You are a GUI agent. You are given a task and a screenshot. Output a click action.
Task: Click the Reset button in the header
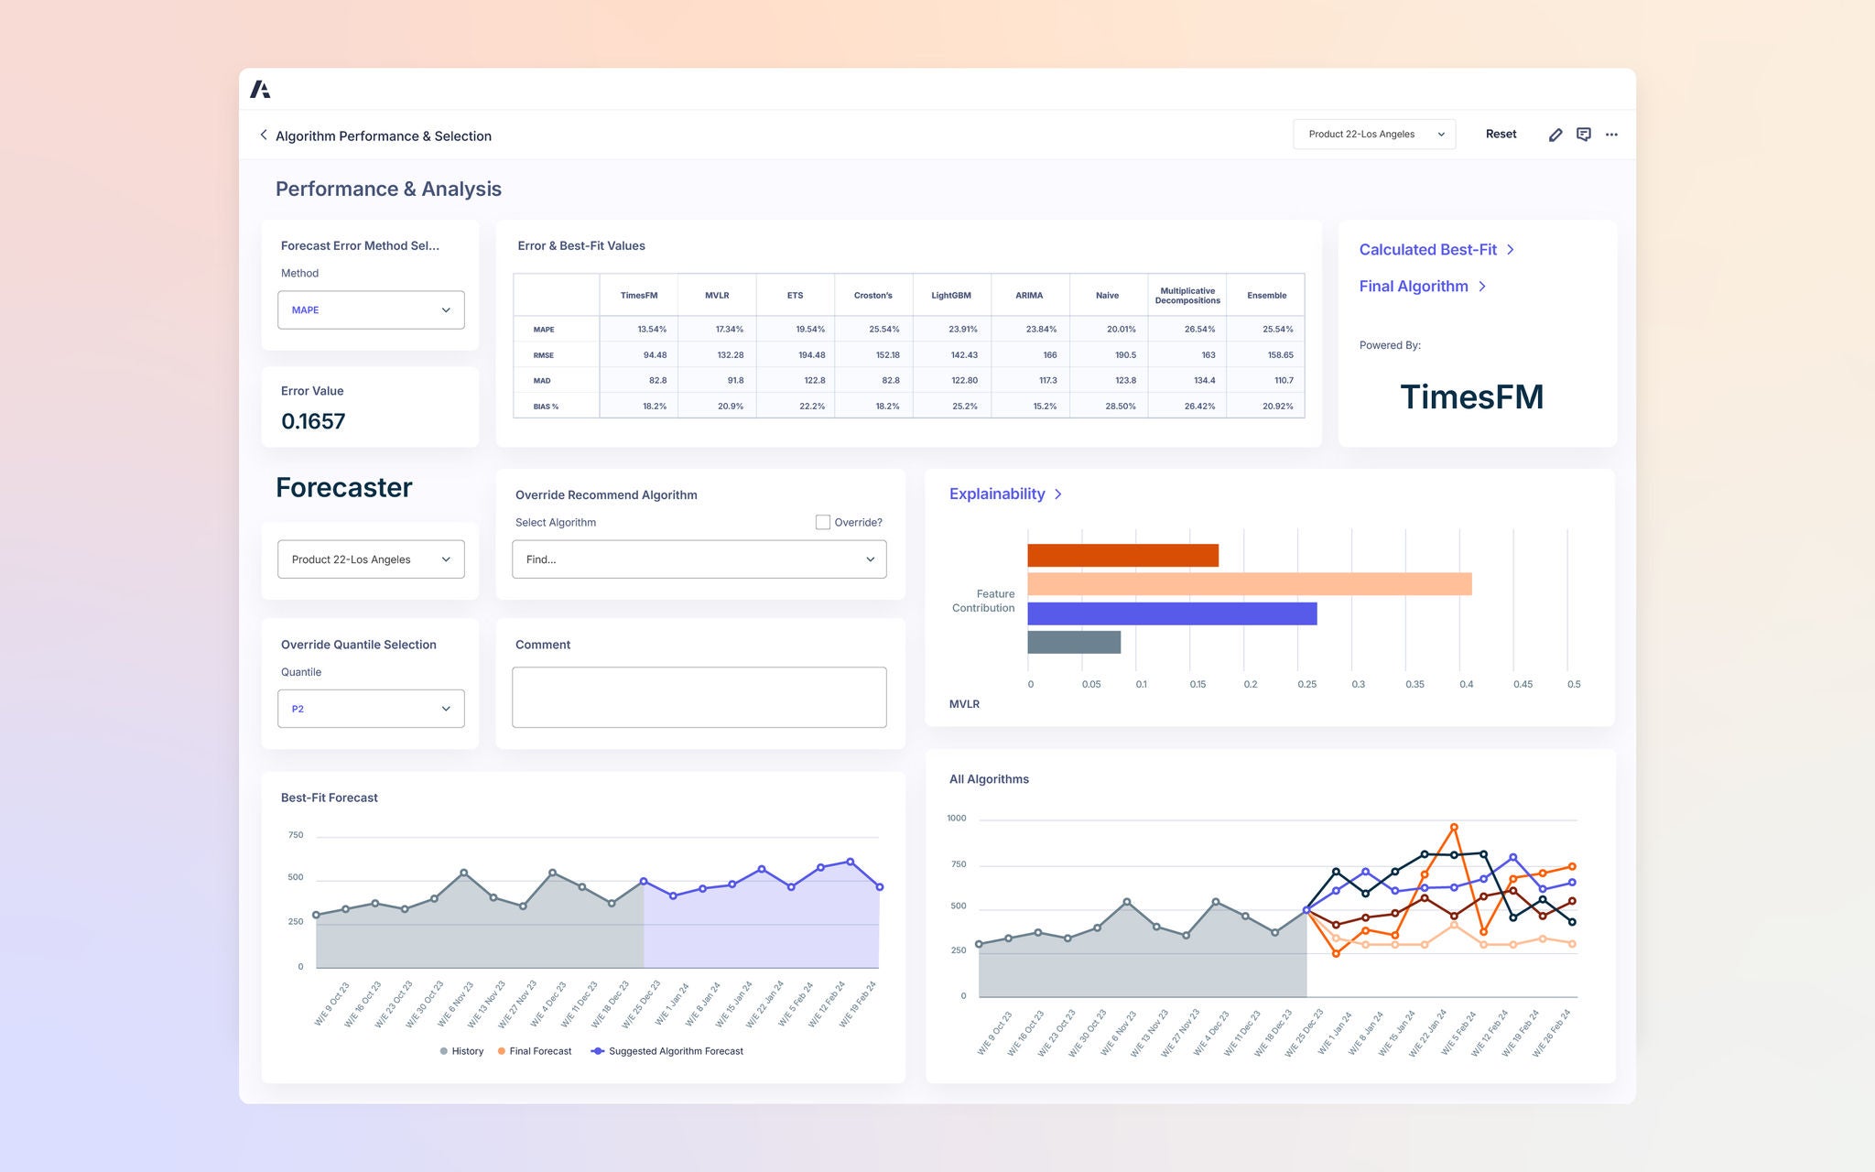[1501, 134]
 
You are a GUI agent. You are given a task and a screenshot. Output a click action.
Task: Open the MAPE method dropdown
[371, 309]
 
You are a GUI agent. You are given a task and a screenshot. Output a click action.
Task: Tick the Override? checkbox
[823, 522]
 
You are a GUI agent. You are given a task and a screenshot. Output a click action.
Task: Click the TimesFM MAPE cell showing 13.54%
[652, 329]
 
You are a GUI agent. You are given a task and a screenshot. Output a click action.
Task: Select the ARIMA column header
[1029, 295]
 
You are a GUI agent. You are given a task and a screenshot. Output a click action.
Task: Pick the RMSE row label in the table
[544, 355]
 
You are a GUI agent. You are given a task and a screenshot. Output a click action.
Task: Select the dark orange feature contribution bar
[1122, 556]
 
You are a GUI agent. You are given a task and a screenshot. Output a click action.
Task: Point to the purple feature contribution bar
[1172, 613]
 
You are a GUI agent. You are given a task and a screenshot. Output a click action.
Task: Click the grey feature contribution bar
[1074, 642]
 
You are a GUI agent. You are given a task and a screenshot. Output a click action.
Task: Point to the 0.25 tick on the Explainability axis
[1306, 684]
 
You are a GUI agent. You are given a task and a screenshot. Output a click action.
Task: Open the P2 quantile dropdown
[371, 709]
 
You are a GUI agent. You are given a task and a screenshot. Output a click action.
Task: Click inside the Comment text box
[699, 697]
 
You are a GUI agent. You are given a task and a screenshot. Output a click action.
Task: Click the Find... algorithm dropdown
[699, 559]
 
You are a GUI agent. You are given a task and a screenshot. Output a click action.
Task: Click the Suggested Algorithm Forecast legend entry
[676, 1051]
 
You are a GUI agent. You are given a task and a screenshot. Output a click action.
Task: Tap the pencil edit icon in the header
[1555, 135]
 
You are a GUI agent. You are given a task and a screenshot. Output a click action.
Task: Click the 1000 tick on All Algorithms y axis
[956, 818]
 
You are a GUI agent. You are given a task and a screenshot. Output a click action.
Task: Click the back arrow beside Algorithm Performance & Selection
[264, 135]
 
